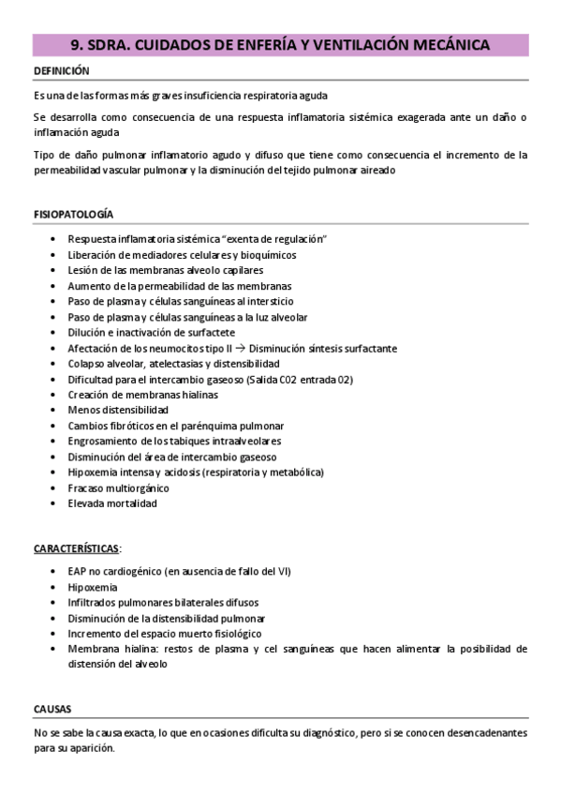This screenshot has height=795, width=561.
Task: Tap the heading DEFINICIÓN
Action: coord(62,71)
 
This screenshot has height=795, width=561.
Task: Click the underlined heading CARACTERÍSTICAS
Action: coord(76,547)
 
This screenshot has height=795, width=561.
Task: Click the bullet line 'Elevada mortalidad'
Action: coord(112,502)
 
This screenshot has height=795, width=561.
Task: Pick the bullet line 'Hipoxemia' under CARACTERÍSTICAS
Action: coord(93,587)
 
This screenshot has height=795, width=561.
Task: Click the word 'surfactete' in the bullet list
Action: coord(209,333)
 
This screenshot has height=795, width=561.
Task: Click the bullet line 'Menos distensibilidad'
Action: coord(118,410)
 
